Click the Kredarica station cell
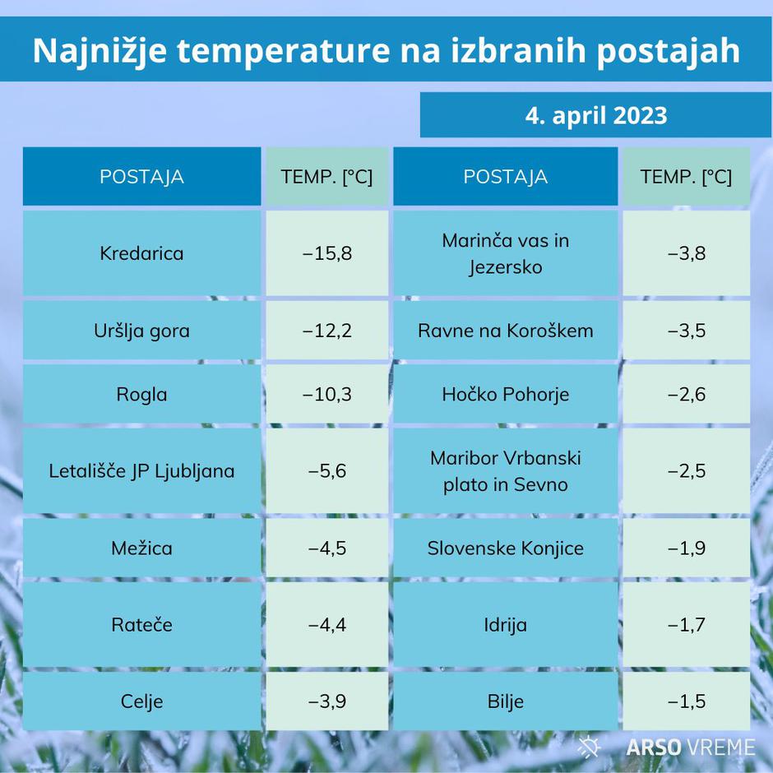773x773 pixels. pyautogui.click(x=141, y=253)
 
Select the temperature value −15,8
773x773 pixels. pyautogui.click(x=327, y=253)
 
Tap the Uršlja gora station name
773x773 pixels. pyautogui.click(x=141, y=331)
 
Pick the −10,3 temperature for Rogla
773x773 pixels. pyautogui.click(x=327, y=395)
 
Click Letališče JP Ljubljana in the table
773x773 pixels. pyautogui.click(x=141, y=471)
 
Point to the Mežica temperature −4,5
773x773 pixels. pyautogui.click(x=327, y=549)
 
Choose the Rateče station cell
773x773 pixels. pyautogui.click(x=141, y=625)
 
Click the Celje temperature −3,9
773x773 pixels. pyautogui.click(x=327, y=701)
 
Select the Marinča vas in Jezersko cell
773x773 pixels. pyautogui.click(x=505, y=253)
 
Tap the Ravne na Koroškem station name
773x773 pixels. pyautogui.click(x=505, y=331)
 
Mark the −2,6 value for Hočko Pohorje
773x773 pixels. pyautogui.click(x=687, y=395)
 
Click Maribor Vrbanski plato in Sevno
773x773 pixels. pyautogui.click(x=505, y=471)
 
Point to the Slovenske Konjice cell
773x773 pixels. pyautogui.click(x=505, y=549)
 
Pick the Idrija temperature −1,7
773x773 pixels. pyautogui.click(x=687, y=625)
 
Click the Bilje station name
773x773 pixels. pyautogui.click(x=505, y=701)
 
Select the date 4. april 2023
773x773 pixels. pyautogui.click(x=596, y=116)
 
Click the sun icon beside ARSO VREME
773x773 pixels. pyautogui.click(x=589, y=746)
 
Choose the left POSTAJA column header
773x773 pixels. pyautogui.click(x=141, y=177)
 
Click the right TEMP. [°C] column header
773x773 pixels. pyautogui.click(x=686, y=177)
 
